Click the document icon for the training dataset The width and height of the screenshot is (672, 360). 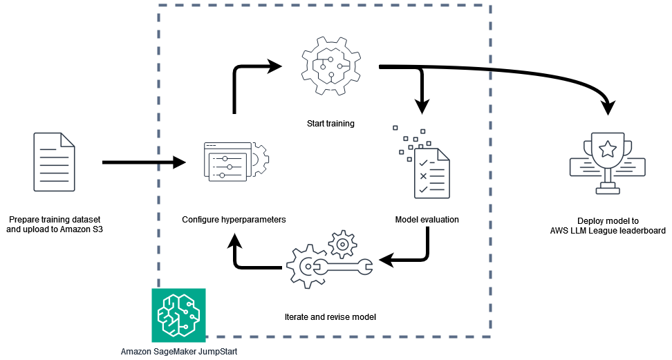(54, 163)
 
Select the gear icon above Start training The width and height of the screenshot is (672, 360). (330, 68)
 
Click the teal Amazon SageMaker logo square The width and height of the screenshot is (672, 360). (178, 314)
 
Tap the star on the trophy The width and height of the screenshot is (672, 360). (607, 148)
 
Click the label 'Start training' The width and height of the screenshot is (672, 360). (330, 124)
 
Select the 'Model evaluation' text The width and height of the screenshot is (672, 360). (427, 220)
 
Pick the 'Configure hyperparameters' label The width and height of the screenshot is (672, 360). (234, 220)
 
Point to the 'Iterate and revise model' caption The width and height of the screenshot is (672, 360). (330, 316)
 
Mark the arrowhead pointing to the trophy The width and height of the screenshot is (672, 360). (608, 106)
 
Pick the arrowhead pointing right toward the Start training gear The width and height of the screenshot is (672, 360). (275, 66)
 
